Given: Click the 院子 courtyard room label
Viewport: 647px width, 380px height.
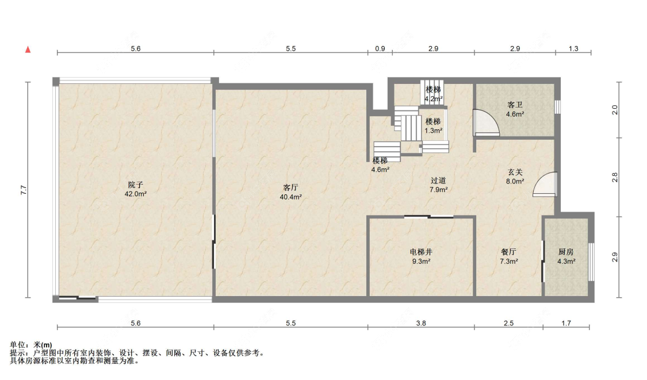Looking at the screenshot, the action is (135, 185).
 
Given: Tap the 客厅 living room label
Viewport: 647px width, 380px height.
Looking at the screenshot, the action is (290, 188).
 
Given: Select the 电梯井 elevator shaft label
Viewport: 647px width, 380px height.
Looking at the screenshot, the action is (421, 252).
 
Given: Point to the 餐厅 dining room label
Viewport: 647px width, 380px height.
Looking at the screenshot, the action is (509, 252).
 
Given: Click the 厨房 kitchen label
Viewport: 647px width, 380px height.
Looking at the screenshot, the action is (566, 252).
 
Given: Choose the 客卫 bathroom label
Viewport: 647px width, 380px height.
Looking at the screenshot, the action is (515, 105).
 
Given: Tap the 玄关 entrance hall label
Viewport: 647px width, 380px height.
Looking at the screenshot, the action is (515, 172).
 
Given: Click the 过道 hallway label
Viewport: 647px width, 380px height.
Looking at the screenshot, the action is (438, 181).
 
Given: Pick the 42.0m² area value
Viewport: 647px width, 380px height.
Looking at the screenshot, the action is (136, 194).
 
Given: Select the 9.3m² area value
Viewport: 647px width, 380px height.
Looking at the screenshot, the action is (421, 261).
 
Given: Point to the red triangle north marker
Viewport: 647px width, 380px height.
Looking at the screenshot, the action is (28, 50).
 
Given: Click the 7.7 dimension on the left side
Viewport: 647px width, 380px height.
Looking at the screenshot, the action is (24, 190).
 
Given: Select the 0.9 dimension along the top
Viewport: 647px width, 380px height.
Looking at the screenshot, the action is (380, 49).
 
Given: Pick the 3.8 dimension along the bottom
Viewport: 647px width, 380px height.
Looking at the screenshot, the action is (421, 324).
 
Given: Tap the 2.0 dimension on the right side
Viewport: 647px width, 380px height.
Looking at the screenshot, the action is (614, 110).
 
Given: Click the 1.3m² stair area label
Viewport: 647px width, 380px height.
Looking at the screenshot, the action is (433, 131).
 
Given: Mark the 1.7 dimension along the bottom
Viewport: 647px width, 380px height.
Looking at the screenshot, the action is (566, 324).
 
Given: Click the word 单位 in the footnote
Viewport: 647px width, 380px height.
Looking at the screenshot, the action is (17, 345).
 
